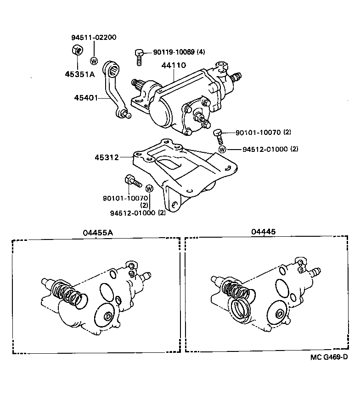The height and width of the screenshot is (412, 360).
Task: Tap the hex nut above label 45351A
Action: coord(77,50)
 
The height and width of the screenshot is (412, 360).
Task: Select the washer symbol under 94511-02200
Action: coord(94,61)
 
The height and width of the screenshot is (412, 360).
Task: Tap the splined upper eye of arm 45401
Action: coord(113,70)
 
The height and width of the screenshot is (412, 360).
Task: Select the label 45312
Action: coord(107,157)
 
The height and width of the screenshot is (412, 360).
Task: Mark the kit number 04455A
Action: coord(98,233)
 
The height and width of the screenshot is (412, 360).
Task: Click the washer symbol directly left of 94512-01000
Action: coord(222,149)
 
